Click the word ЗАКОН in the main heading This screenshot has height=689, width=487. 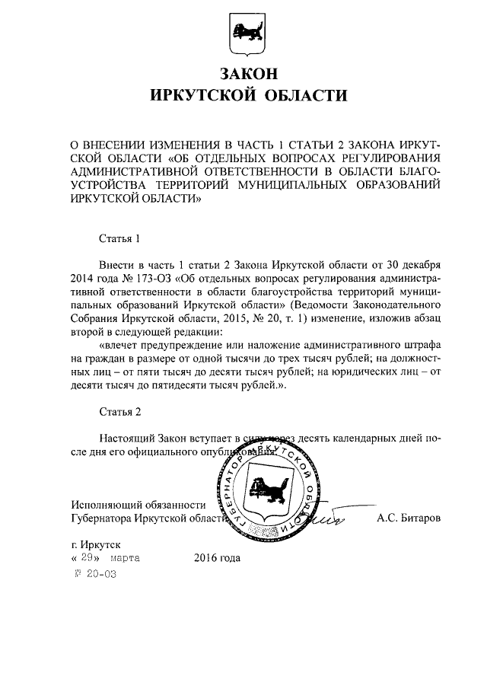coord(243,74)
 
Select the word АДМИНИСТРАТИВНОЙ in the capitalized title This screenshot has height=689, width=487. coord(137,171)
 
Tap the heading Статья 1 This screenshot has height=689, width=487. coord(120,238)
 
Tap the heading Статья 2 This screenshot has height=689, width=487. coord(120,412)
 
